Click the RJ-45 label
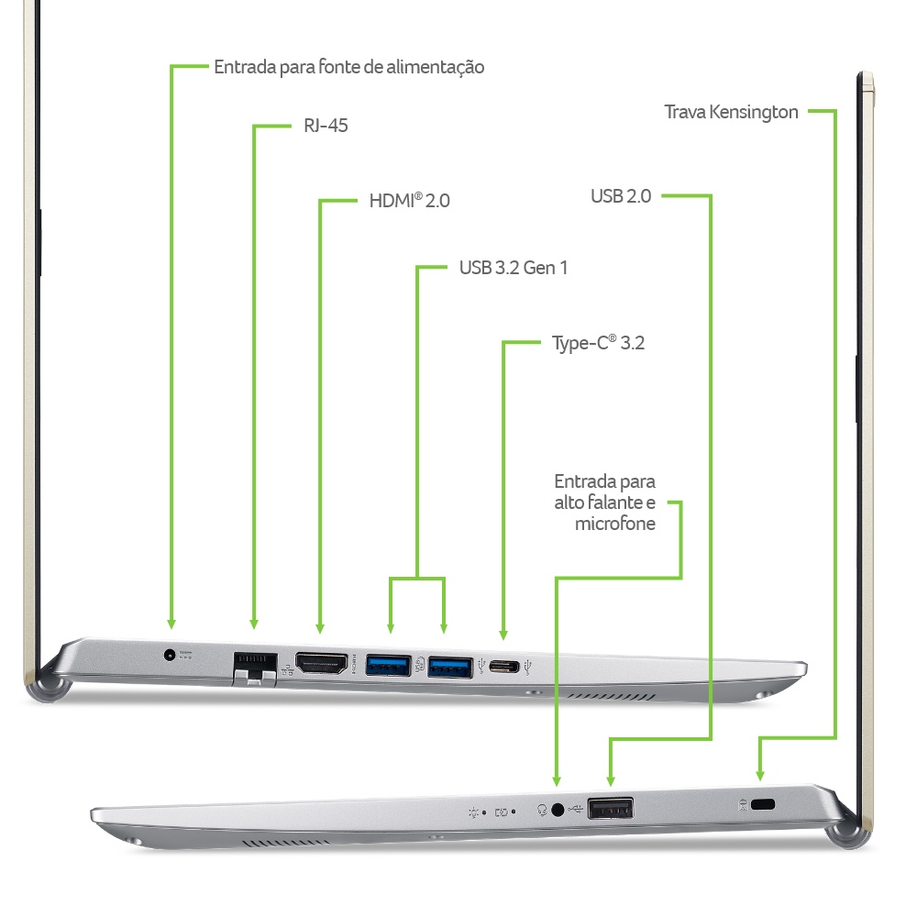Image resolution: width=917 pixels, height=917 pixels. tap(326, 126)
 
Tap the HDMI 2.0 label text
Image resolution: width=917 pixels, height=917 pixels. tap(409, 201)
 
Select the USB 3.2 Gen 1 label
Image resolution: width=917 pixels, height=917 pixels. tap(514, 268)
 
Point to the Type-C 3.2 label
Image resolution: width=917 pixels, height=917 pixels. tap(598, 343)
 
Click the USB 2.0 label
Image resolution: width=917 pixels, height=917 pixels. tap(621, 196)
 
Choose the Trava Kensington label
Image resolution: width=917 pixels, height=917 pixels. tap(731, 112)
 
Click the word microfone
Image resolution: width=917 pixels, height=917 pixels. tap(615, 524)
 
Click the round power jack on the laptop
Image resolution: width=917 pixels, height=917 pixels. tap(170, 655)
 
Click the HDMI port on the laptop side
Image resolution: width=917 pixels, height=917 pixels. tap(321, 664)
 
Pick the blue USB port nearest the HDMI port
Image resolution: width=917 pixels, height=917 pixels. tap(388, 666)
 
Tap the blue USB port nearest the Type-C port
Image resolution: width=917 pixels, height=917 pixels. tap(450, 668)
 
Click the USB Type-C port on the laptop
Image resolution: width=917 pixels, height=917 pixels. tap(504, 666)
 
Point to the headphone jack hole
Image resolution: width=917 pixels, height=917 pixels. tap(558, 810)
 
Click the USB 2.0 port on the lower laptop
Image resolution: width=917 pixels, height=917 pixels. tap(611, 809)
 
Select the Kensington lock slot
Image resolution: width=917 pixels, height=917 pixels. tap(763, 805)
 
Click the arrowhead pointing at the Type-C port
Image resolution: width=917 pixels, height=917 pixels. tap(503, 635)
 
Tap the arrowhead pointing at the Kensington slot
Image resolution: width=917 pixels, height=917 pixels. tap(760, 776)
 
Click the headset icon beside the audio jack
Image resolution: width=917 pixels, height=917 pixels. tap(542, 810)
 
